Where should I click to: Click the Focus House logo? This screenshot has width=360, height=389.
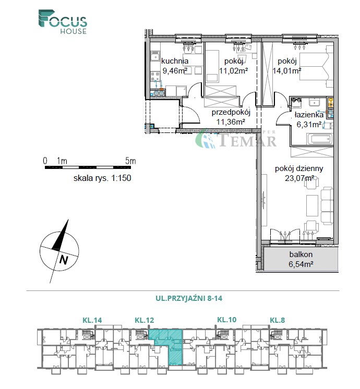[x=63, y=22]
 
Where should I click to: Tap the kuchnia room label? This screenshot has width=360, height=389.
[x=175, y=61]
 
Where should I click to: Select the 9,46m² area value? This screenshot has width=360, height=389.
[x=175, y=71]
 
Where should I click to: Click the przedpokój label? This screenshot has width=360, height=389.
[x=231, y=112]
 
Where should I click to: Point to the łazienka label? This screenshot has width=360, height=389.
[x=309, y=115]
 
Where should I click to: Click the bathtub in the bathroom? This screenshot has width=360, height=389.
[x=320, y=139]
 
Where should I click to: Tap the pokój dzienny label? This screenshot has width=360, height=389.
[x=299, y=168]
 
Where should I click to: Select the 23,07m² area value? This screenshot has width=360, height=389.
[x=299, y=178]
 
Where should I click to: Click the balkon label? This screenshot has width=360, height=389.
[x=301, y=254]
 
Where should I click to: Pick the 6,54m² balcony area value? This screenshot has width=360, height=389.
[x=301, y=264]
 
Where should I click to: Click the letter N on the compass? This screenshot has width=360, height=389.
[x=64, y=260]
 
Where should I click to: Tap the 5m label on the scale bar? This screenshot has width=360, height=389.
[x=130, y=161]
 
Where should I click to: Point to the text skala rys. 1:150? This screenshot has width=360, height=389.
[x=102, y=178]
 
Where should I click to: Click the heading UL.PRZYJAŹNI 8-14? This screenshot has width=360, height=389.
[x=189, y=298]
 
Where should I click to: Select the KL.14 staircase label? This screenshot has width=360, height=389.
[x=92, y=320]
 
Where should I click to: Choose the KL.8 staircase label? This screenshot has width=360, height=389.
[x=278, y=320]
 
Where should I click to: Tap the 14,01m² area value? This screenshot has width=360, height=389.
[x=287, y=71]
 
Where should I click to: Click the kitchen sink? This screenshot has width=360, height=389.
[x=155, y=57]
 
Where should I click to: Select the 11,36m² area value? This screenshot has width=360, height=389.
[x=231, y=122]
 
